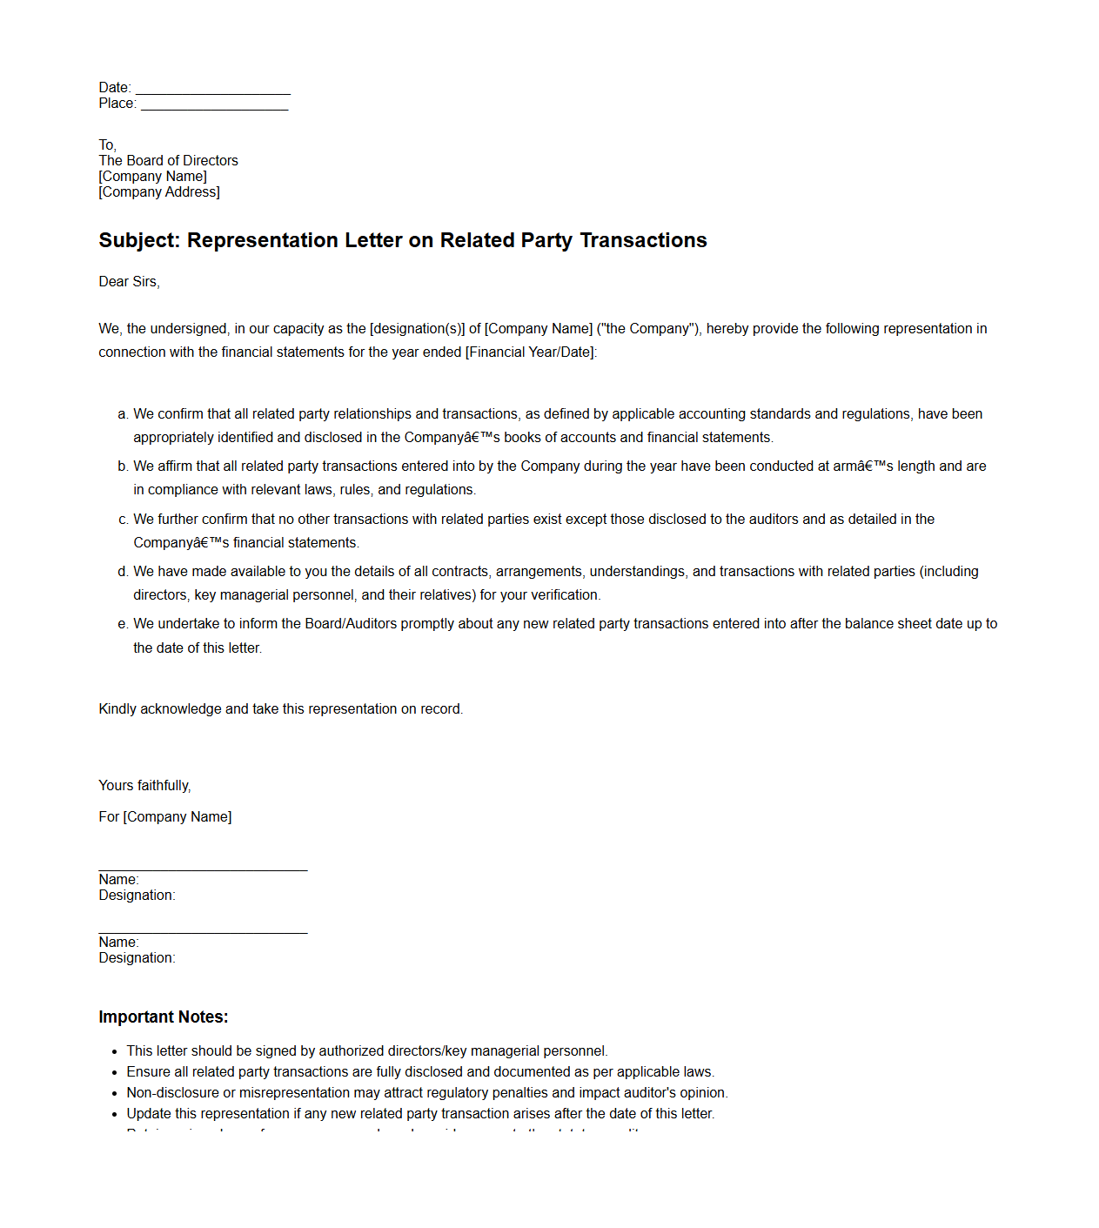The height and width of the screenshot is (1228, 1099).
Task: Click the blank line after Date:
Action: tap(213, 90)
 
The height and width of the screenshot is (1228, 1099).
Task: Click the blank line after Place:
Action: tap(214, 105)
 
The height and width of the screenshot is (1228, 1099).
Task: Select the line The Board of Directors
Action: tap(168, 161)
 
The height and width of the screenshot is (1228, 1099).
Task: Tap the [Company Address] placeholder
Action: tap(159, 192)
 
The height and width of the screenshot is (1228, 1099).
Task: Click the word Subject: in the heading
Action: tap(139, 241)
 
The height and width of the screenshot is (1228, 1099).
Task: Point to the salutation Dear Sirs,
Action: tap(129, 282)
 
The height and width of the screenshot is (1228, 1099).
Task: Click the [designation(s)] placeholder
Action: tap(417, 329)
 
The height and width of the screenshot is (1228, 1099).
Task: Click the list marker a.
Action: tap(123, 414)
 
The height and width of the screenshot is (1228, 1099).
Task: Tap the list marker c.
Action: tap(123, 520)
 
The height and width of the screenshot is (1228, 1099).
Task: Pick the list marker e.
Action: tap(123, 624)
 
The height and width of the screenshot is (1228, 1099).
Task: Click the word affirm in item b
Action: tap(177, 466)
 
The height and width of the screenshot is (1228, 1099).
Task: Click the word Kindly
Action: tap(117, 709)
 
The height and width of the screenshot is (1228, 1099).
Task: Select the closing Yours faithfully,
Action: tap(144, 786)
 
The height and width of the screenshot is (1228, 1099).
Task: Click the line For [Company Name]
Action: tap(165, 817)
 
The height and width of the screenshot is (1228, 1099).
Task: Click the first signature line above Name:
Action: tap(203, 869)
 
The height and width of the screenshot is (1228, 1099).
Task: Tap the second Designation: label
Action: tap(137, 958)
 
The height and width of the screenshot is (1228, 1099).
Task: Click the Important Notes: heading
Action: tap(164, 1017)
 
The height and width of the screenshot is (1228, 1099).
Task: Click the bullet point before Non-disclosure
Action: tap(115, 1094)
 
